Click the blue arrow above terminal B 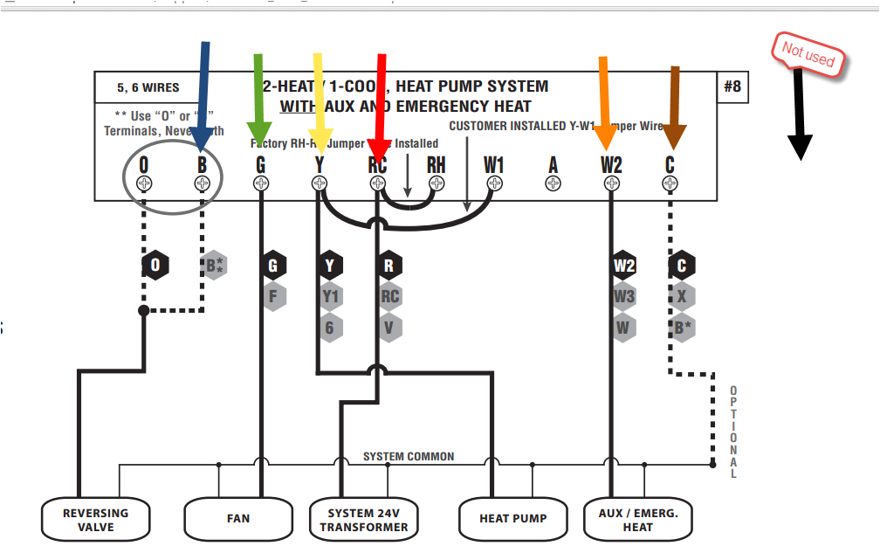pos(203,96)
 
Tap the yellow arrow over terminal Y pos(319,98)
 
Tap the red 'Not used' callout pos(808,56)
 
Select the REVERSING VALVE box pos(96,519)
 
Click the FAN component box pos(237,519)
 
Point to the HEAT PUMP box pos(512,519)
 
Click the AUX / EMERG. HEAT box pos(637,520)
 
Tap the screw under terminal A pos(553,183)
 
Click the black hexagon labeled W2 pos(623,266)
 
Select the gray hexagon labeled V pos(389,328)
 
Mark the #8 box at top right pos(732,86)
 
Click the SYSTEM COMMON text pos(409,456)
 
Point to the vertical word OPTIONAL pos(733,432)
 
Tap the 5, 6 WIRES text pos(148,88)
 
